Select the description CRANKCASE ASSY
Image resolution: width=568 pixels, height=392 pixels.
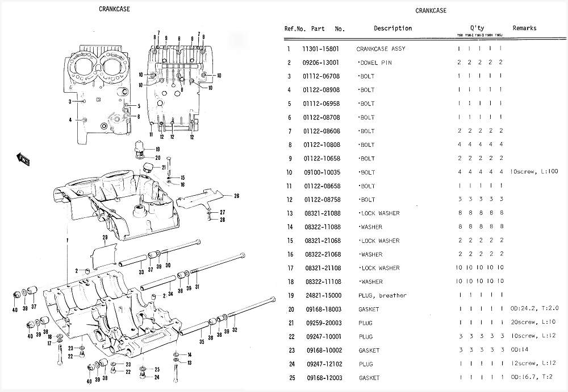point(381,49)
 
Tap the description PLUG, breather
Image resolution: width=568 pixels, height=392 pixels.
point(382,296)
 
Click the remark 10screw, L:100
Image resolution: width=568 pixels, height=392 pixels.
point(534,172)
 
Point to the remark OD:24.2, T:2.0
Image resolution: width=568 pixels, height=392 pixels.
point(534,310)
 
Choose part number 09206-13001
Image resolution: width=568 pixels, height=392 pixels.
point(321,63)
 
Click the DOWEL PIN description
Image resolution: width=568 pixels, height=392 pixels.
point(375,63)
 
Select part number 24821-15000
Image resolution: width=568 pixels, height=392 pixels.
point(321,296)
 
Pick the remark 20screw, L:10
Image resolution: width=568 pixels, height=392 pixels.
point(533,323)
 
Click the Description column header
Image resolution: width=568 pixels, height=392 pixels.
point(392,28)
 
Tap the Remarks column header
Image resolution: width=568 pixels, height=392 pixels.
point(524,28)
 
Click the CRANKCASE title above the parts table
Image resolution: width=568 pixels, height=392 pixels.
point(431,11)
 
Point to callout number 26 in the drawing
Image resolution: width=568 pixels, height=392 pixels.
point(236,196)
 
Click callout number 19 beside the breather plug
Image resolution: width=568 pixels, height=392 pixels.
point(157,149)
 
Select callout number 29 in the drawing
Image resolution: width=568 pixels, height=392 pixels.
point(105,237)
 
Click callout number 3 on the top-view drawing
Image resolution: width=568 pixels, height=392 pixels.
point(70,101)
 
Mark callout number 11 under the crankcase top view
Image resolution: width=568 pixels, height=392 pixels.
point(152,135)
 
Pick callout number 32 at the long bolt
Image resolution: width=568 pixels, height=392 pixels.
point(235,330)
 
